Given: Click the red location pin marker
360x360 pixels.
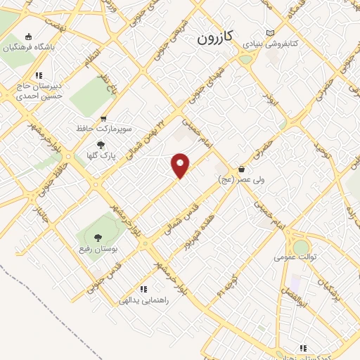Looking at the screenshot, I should (x=181, y=165).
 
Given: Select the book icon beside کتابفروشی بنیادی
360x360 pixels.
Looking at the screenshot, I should (x=271, y=33).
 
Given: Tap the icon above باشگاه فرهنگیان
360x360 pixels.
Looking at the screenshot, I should (x=28, y=37).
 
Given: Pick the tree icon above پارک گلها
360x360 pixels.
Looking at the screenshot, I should (x=101, y=145).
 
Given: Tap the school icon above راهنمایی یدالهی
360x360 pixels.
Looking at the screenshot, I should (x=143, y=288).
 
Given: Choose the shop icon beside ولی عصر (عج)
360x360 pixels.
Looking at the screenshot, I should (x=242, y=169).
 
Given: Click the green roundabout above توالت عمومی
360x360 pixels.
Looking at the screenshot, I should (x=301, y=247).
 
